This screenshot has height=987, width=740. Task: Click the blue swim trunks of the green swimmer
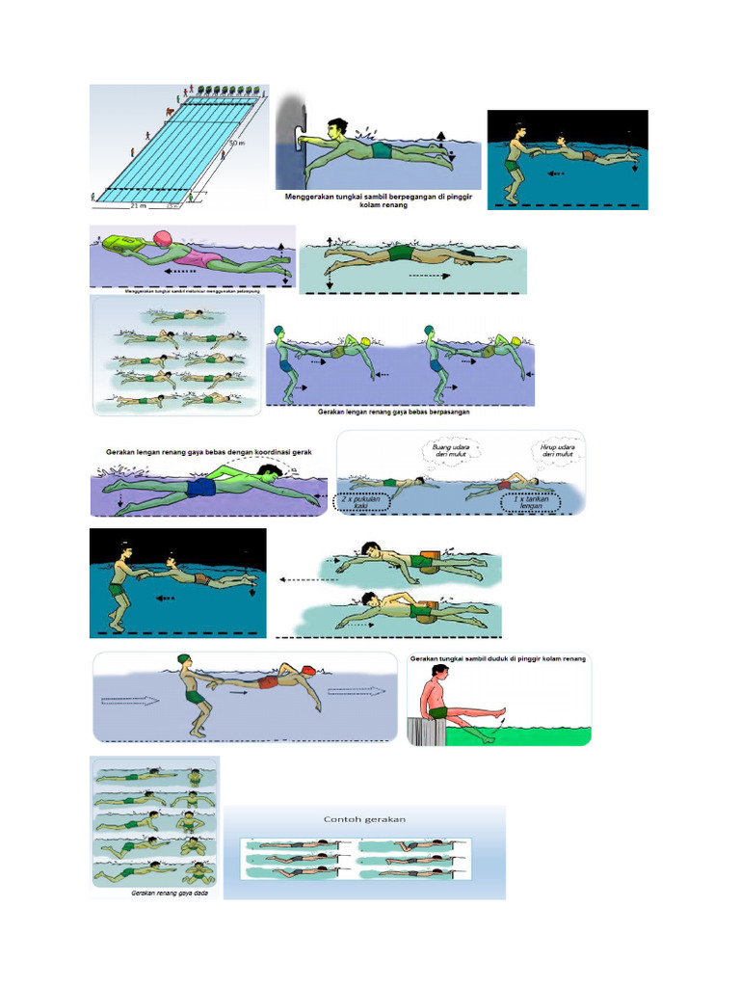click(201, 489)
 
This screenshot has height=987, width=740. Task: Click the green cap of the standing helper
click(183, 658)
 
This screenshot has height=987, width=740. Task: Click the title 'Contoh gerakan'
click(364, 819)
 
